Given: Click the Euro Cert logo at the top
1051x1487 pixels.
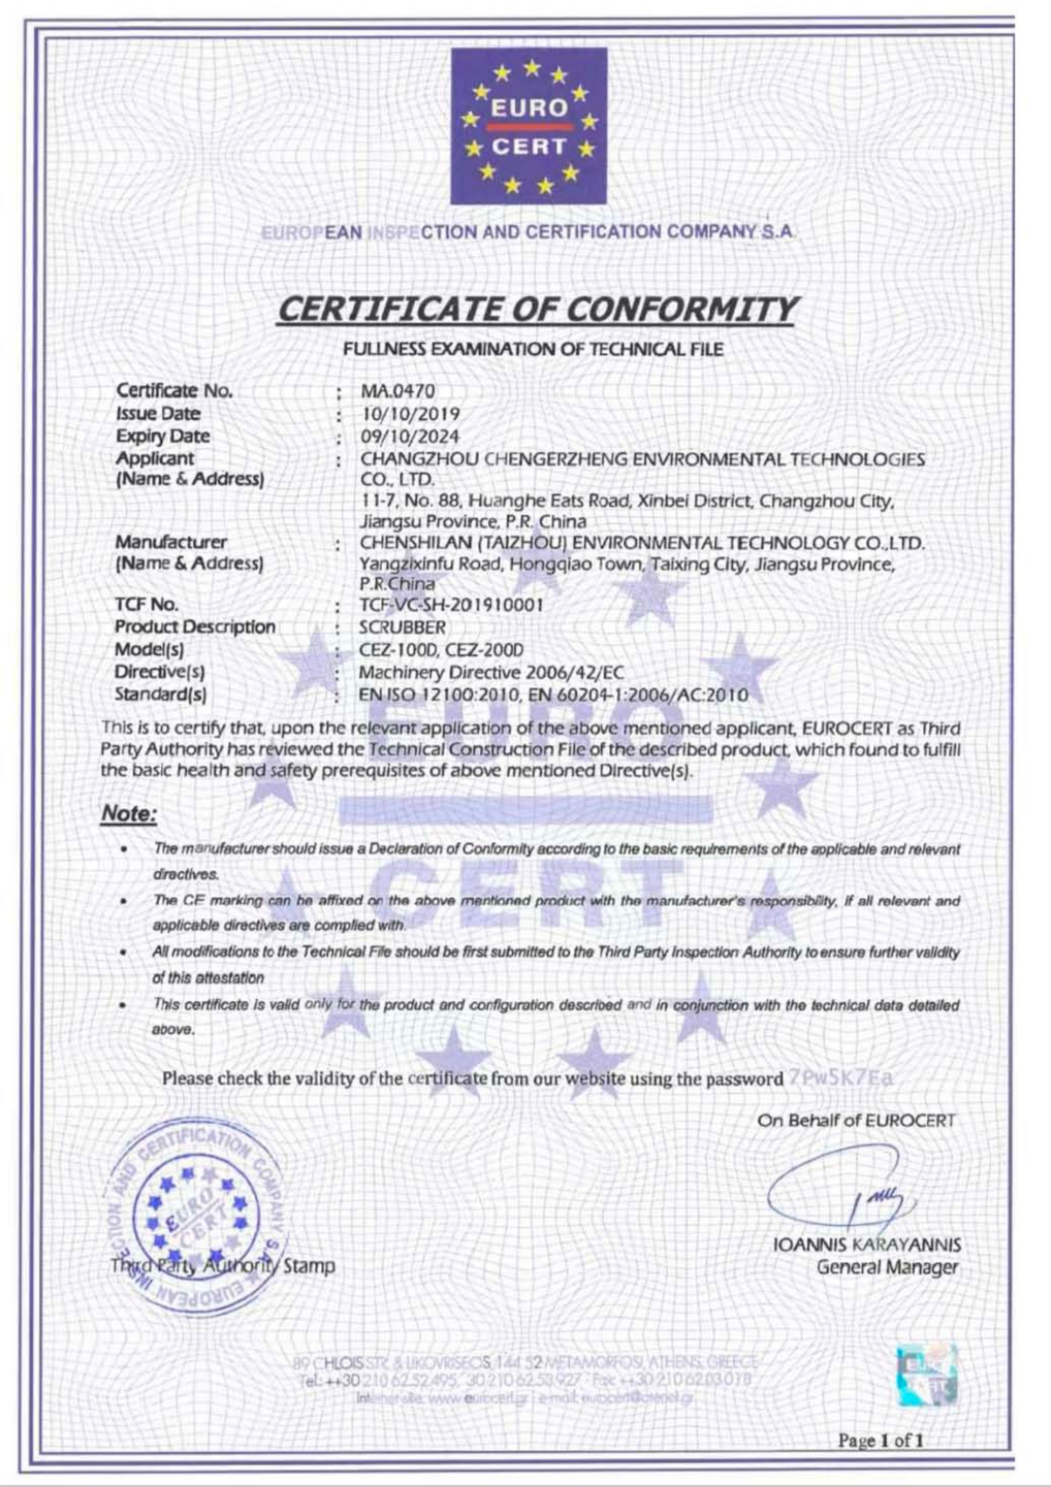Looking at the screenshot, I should pyautogui.click(x=528, y=126).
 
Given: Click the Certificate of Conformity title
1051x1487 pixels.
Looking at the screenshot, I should pyautogui.click(x=535, y=310).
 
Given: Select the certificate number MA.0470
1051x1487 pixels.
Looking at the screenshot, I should pyautogui.click(x=397, y=391).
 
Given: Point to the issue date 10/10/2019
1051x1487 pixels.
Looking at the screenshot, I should pyautogui.click(x=410, y=414).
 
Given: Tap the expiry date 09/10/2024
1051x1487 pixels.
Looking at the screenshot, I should pyautogui.click(x=410, y=436).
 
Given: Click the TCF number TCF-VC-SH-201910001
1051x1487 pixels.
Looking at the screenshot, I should pyautogui.click(x=451, y=605).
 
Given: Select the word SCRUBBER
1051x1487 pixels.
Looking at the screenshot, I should pyautogui.click(x=402, y=627).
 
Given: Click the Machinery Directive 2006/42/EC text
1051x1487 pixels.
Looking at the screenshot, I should pyautogui.click(x=491, y=671).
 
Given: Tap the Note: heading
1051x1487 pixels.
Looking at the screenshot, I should pyautogui.click(x=129, y=814).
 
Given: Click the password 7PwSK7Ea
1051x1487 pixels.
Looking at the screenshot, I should pyautogui.click(x=841, y=1078).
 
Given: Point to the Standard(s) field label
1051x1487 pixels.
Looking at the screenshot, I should pyautogui.click(x=161, y=694).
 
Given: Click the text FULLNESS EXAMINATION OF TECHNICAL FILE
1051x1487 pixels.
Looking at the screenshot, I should pyautogui.click(x=533, y=350).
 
